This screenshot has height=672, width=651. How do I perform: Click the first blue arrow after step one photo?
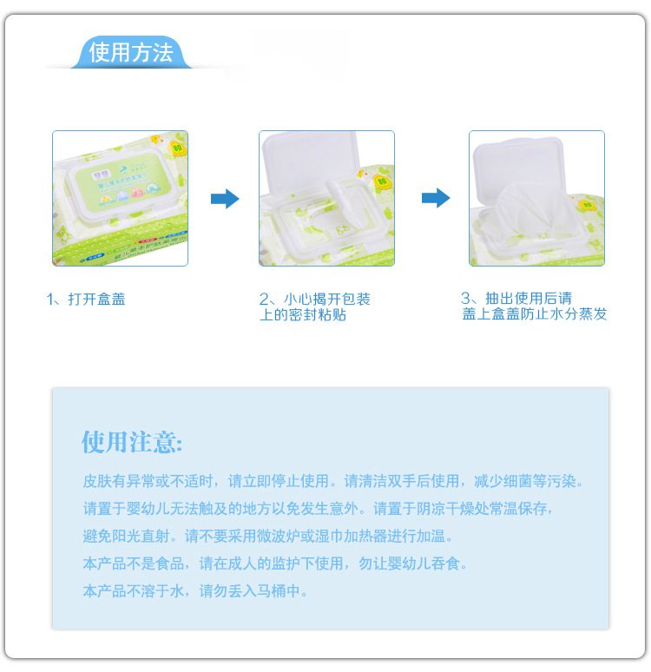coord(224,199)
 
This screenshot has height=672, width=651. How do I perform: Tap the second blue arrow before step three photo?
coord(435,199)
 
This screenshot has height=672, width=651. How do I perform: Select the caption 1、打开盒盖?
coord(86,299)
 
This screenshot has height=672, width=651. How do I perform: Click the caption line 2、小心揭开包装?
coord(314,299)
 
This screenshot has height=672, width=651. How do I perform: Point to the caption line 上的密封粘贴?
coord(303,314)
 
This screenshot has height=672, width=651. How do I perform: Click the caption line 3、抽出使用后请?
coord(516,298)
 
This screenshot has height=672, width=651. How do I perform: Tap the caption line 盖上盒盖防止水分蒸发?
coord(535,313)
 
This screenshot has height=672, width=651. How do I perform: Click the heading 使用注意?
coord(132,442)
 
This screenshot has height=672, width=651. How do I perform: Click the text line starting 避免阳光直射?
coord(268,536)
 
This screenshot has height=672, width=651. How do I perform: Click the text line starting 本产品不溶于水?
coord(195,591)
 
